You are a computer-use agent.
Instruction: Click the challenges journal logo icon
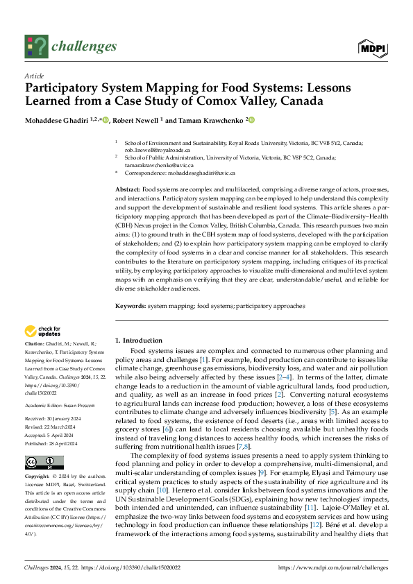coord(36,46)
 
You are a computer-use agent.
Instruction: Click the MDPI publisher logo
coord(372,46)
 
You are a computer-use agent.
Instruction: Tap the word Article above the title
coord(33,75)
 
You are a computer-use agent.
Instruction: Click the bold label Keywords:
coord(130,306)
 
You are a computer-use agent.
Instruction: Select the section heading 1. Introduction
coord(139,341)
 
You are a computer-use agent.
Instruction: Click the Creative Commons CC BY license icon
coord(40,463)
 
